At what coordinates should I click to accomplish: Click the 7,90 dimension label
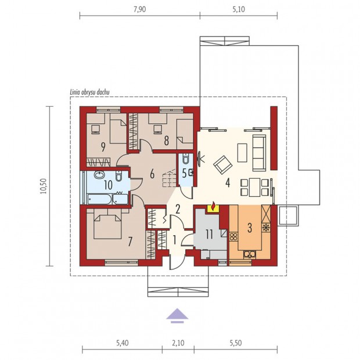139,9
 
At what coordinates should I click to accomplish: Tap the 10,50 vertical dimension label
43,186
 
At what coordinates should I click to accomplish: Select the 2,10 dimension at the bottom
178,343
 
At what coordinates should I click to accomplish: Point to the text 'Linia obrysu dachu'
89,92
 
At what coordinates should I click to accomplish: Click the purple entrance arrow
177,315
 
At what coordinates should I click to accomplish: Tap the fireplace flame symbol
213,206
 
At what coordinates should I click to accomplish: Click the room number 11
209,235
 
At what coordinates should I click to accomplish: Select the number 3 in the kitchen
250,228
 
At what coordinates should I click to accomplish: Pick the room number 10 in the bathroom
108,185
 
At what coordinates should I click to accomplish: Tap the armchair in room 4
223,165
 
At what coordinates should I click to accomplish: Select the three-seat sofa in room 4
259,153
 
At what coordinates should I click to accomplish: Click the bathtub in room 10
100,199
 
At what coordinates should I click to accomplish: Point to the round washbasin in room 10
99,175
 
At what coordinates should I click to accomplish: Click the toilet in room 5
186,158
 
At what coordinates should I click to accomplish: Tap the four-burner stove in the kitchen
233,236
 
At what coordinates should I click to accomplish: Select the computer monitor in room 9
95,129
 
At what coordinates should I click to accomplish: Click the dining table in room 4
255,187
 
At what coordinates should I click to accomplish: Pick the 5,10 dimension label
239,9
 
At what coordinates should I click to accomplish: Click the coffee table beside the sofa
242,153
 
